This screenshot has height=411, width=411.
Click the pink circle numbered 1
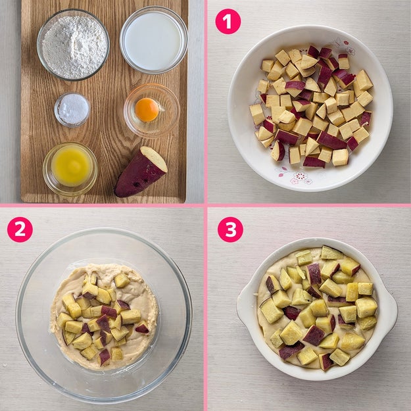tap(228, 22)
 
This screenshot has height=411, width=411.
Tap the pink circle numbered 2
tap(20, 230)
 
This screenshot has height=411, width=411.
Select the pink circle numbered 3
tap(230, 230)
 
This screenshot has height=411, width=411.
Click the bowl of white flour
tap(74, 45)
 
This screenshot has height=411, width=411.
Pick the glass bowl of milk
tap(154, 40)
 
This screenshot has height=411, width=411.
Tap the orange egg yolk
tap(147, 110)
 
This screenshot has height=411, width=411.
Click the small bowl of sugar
tap(72, 109)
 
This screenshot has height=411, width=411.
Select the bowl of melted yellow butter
tap(70, 169)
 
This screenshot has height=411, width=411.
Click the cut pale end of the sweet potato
tap(154, 158)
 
